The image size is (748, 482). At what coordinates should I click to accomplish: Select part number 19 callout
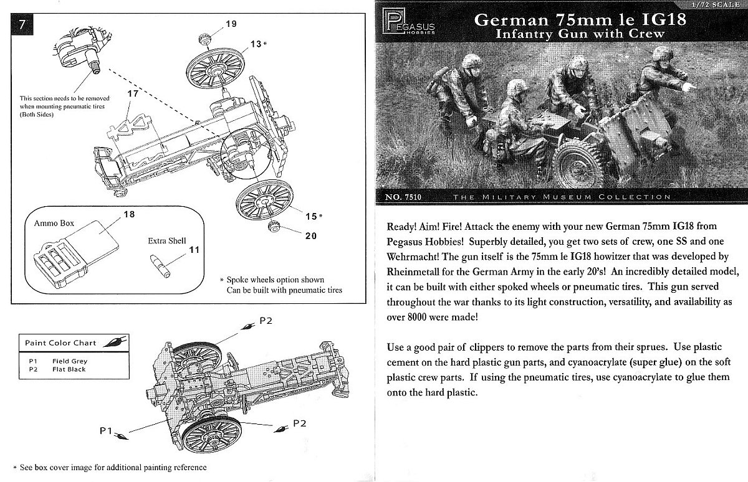click(x=231, y=24)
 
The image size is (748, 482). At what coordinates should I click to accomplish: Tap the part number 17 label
click(x=133, y=93)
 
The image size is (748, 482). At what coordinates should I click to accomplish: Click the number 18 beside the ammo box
click(x=130, y=214)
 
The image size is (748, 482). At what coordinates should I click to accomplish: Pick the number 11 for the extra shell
click(x=194, y=250)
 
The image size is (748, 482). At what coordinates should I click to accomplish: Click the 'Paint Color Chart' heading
click(x=60, y=343)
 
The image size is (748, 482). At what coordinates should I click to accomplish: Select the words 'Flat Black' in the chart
click(x=69, y=369)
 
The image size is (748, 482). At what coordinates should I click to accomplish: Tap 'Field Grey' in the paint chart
click(x=70, y=361)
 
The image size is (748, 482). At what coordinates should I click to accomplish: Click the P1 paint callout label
click(x=106, y=430)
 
